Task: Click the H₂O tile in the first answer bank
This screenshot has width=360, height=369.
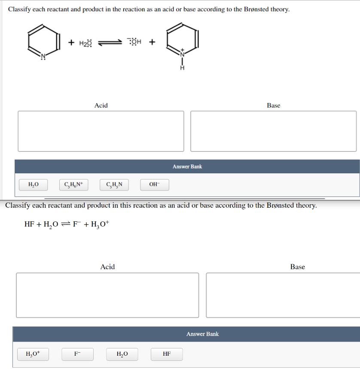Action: coord(33,185)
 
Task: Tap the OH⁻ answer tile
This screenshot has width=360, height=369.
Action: coord(154,185)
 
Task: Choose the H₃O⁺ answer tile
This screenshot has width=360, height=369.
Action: coord(33,354)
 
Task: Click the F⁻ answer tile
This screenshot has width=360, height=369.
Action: coord(77,354)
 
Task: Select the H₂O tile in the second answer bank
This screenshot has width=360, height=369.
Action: coord(122,354)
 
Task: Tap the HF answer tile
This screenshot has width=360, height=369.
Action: coord(167,354)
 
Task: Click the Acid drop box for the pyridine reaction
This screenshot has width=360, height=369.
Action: coord(101,131)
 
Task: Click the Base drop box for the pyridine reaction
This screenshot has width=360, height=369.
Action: coord(273,131)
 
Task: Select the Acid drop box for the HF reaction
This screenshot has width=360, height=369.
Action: coord(107,295)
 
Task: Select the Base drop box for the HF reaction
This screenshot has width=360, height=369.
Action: coord(284,295)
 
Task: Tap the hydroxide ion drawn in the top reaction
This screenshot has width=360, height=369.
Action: coord(135,42)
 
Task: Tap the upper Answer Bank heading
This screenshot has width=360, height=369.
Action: coord(187,166)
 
